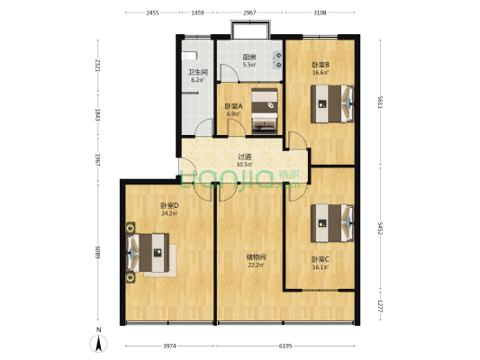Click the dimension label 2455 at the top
tap(152, 13)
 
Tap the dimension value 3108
tap(320, 13)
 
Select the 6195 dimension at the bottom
tap(285, 346)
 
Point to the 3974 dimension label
tap(169, 346)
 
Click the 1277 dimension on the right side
tap(380, 306)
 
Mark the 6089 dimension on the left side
tap(98, 252)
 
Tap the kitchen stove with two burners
tap(278, 60)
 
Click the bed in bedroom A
tap(265, 111)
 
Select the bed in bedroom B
tap(332, 103)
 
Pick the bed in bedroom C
tap(332, 223)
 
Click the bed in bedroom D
tap(148, 253)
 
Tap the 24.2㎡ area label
tap(169, 213)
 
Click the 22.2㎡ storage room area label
tap(256, 265)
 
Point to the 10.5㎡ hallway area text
tap(245, 164)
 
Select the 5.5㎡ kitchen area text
tap(249, 65)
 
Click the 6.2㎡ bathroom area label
tap(197, 80)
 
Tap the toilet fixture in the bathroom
tap(189, 56)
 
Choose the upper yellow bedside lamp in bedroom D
tap(131, 228)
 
